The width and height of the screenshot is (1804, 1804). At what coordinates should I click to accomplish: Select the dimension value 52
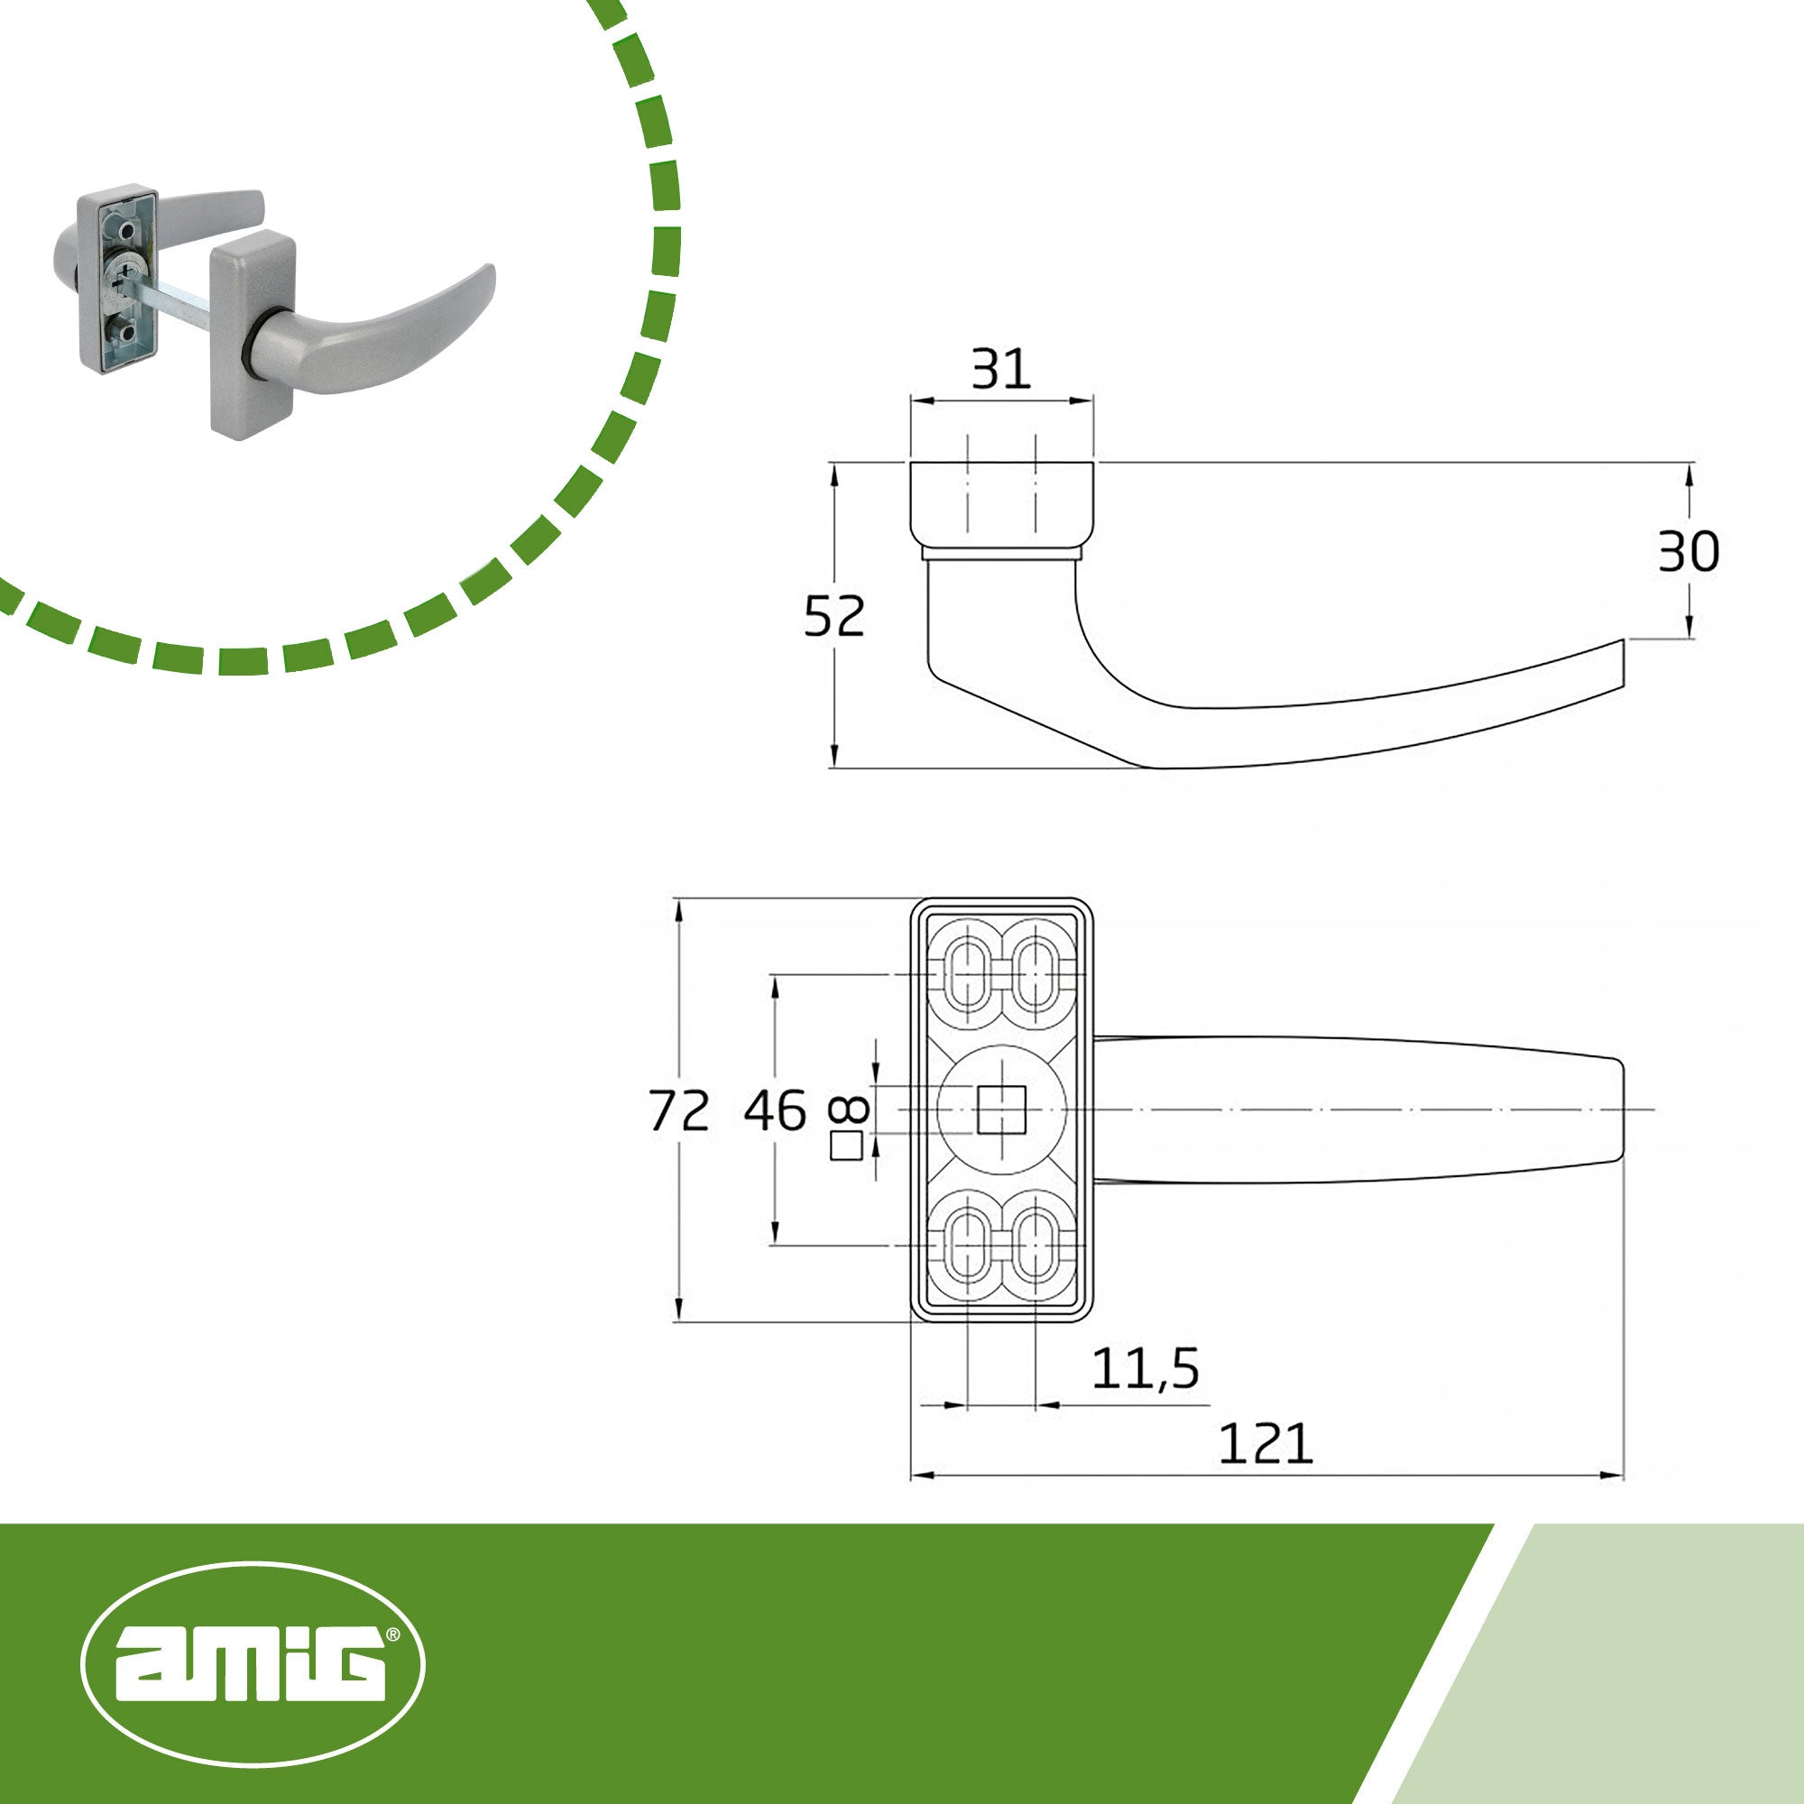pyautogui.click(x=833, y=616)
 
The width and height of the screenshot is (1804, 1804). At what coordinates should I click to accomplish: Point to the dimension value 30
pyautogui.click(x=1689, y=552)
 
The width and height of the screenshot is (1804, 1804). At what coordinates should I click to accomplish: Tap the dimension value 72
pyautogui.click(x=679, y=1111)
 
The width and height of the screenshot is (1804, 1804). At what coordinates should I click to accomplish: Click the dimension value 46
pyautogui.click(x=774, y=1111)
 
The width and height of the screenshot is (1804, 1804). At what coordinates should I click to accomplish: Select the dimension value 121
pyautogui.click(x=1266, y=1444)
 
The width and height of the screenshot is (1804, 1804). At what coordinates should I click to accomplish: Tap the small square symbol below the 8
pyautogui.click(x=846, y=1146)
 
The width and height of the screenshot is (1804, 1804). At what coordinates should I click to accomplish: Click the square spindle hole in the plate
pyautogui.click(x=1001, y=1109)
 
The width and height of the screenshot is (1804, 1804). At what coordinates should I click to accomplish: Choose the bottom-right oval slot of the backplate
pyautogui.click(x=1035, y=1245)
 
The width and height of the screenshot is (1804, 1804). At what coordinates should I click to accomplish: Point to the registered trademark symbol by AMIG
pyautogui.click(x=393, y=1635)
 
